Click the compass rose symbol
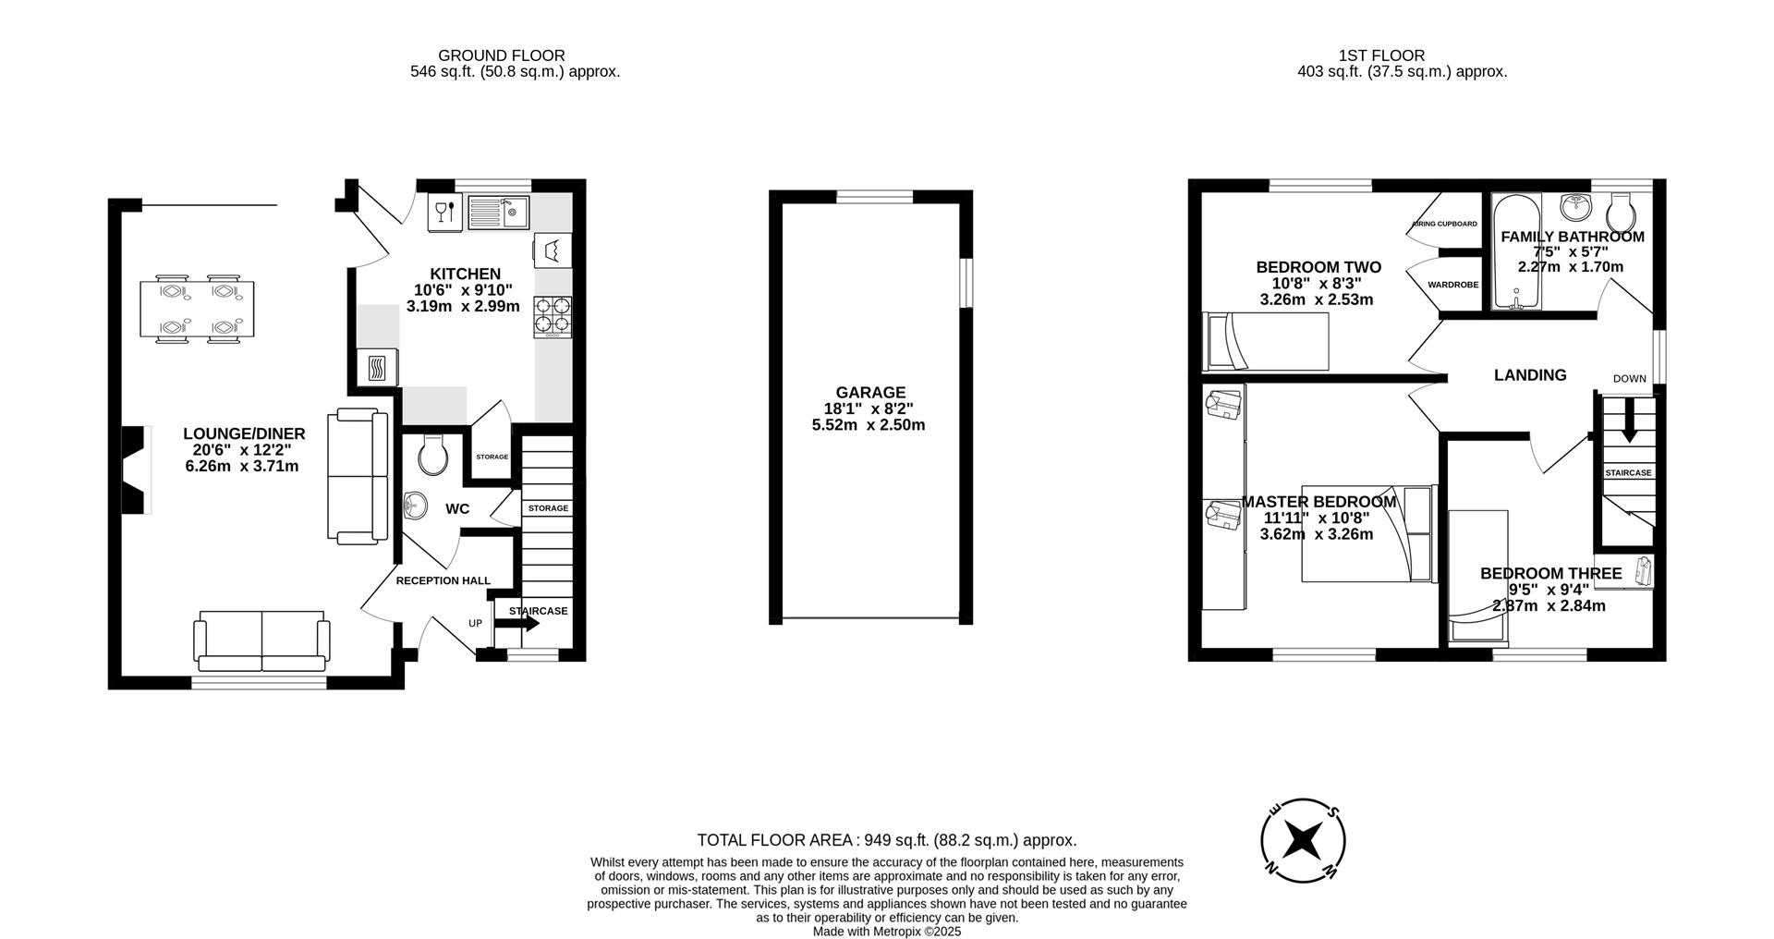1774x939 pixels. pos(1303,840)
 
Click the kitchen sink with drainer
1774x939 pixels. pos(497,213)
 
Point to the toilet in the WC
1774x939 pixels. pos(432,454)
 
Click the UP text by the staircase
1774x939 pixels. pos(475,624)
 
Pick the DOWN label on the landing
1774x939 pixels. pos(1630,379)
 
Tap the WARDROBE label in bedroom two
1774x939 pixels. pos(1452,285)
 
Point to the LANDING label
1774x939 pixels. pos(1530,375)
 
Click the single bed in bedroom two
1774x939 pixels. pos(1266,341)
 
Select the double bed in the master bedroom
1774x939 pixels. pos(1367,533)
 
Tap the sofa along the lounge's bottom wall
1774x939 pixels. pos(261,640)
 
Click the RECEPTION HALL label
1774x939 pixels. pos(443,580)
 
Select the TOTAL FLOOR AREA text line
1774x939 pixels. pos(886,840)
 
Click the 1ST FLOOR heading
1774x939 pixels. pos(1381,55)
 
